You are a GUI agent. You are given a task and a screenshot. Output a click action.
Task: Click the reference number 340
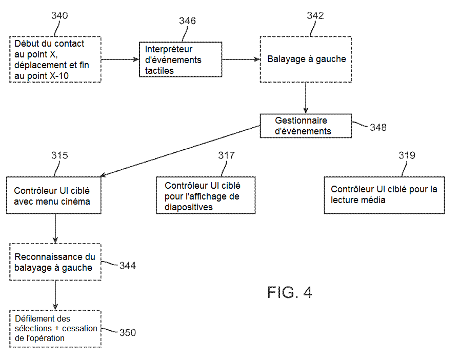(x=59, y=15)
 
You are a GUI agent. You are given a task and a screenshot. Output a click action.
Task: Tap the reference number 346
(x=187, y=21)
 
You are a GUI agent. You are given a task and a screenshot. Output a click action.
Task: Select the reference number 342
(x=315, y=15)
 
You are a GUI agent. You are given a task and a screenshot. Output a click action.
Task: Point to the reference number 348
(x=378, y=127)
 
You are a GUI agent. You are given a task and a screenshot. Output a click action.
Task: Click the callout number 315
(x=59, y=155)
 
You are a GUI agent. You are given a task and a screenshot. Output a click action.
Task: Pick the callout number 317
(x=227, y=155)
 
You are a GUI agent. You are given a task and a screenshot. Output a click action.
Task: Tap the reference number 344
(x=127, y=266)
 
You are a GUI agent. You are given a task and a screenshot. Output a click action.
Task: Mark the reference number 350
(x=127, y=333)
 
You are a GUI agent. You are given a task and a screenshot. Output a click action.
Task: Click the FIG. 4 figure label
(x=289, y=293)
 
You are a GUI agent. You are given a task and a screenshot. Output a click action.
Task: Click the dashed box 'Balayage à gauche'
(x=306, y=59)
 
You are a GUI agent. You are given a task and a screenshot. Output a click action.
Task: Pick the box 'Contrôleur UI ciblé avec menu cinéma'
(x=55, y=195)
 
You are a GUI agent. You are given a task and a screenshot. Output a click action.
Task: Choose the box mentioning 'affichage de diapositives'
(x=206, y=195)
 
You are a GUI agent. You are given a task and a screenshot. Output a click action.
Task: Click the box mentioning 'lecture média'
(x=384, y=195)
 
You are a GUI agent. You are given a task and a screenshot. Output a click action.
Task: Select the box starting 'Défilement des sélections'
(x=55, y=329)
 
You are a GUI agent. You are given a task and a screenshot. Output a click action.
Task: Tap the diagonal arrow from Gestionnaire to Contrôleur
(x=180, y=150)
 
